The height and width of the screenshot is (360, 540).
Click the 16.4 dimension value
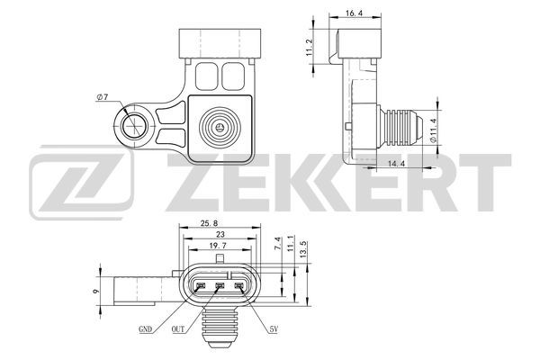(353, 13)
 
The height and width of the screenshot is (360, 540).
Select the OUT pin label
(179, 330)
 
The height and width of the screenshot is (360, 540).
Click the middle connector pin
(220, 288)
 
